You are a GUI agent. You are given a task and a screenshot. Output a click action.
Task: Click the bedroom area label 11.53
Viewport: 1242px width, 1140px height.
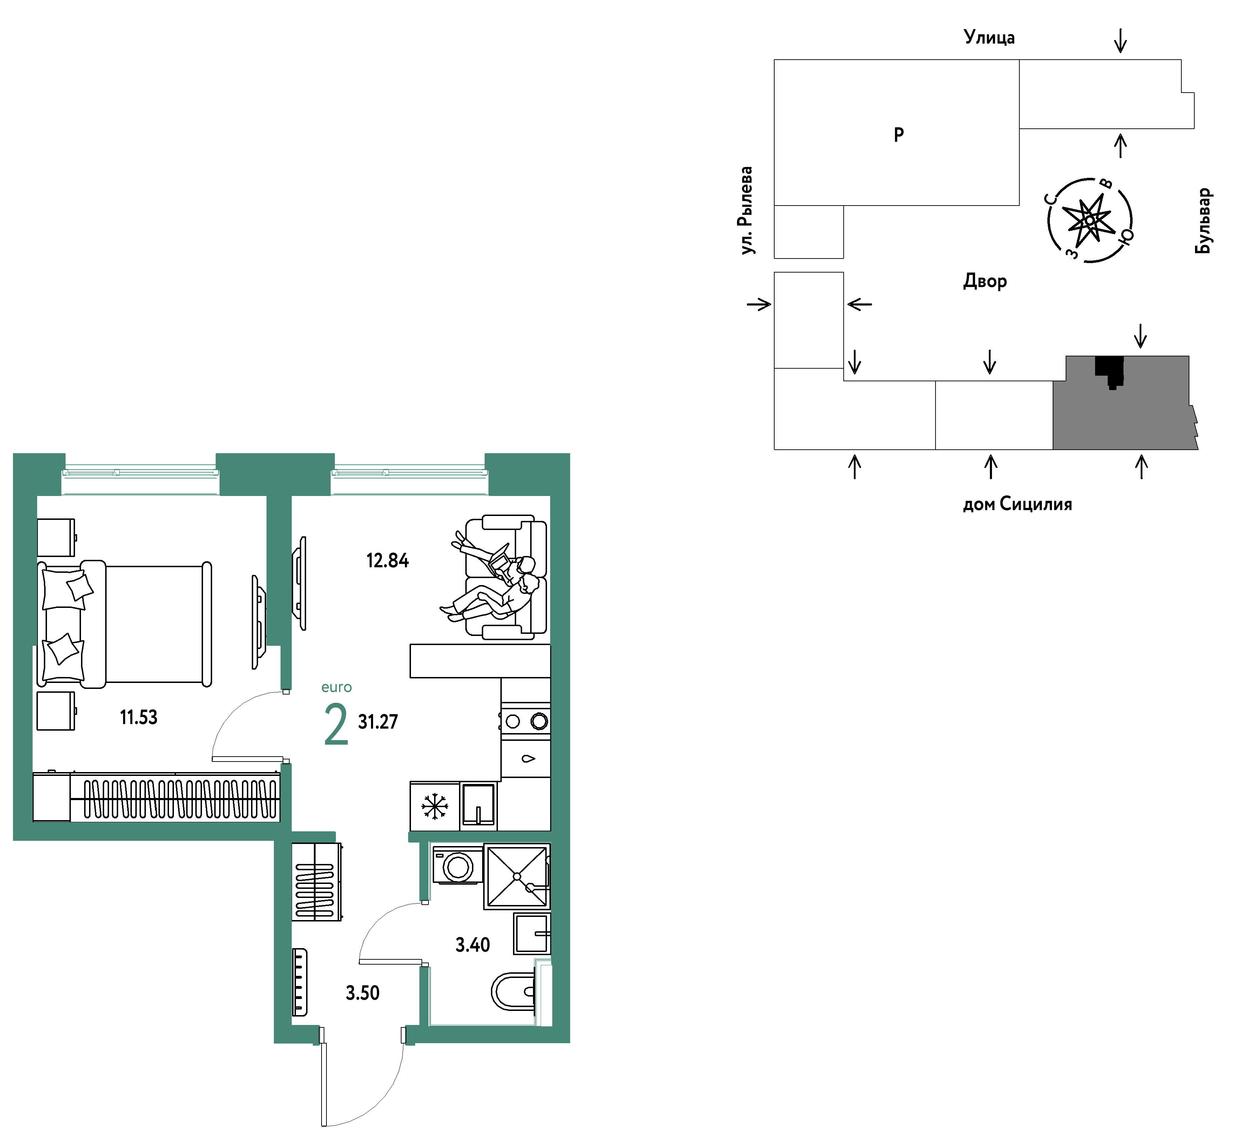click(x=139, y=717)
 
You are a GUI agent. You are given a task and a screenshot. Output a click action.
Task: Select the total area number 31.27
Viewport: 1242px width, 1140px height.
click(x=378, y=722)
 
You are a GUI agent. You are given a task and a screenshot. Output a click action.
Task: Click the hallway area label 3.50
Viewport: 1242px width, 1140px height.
click(x=363, y=993)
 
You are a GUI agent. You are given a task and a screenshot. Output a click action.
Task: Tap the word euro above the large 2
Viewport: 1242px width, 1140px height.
click(x=337, y=687)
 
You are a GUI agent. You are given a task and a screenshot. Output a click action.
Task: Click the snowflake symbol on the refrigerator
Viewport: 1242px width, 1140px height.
click(x=435, y=806)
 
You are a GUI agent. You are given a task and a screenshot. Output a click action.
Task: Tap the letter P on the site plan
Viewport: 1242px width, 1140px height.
click(x=899, y=134)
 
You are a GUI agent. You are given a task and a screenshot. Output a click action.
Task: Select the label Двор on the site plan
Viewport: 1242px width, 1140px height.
click(x=985, y=281)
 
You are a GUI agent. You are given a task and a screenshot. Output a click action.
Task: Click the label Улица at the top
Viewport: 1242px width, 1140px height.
click(x=989, y=37)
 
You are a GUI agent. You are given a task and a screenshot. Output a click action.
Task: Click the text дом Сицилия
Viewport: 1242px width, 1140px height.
click(x=1018, y=504)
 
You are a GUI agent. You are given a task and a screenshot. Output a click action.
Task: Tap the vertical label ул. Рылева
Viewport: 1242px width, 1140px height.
click(x=746, y=210)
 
